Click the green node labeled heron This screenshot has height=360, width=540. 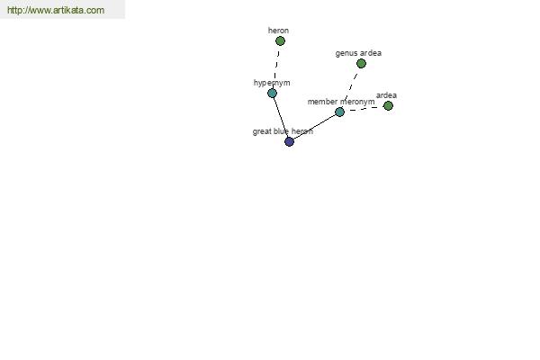pyautogui.click(x=280, y=41)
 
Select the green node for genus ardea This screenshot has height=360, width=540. pyautogui.click(x=361, y=63)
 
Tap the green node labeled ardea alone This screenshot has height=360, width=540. pyautogui.click(x=388, y=106)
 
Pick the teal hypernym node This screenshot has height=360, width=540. pyautogui.click(x=272, y=93)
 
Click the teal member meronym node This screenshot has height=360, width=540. pyautogui.click(x=339, y=112)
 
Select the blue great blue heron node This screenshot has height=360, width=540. pyautogui.click(x=289, y=141)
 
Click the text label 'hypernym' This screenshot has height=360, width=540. pyautogui.click(x=272, y=83)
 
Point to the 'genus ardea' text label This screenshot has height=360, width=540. pyautogui.click(x=358, y=53)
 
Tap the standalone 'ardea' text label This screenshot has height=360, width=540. pyautogui.click(x=386, y=95)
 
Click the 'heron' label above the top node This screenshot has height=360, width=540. pyautogui.click(x=278, y=31)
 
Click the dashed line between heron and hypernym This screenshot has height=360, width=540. pyautogui.click(x=276, y=67)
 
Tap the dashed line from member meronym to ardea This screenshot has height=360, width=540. pyautogui.click(x=364, y=109)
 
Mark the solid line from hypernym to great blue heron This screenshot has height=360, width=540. pyautogui.click(x=281, y=117)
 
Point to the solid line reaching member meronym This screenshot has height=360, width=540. pyautogui.click(x=314, y=126)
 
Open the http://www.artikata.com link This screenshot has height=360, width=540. pyautogui.click(x=56, y=10)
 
